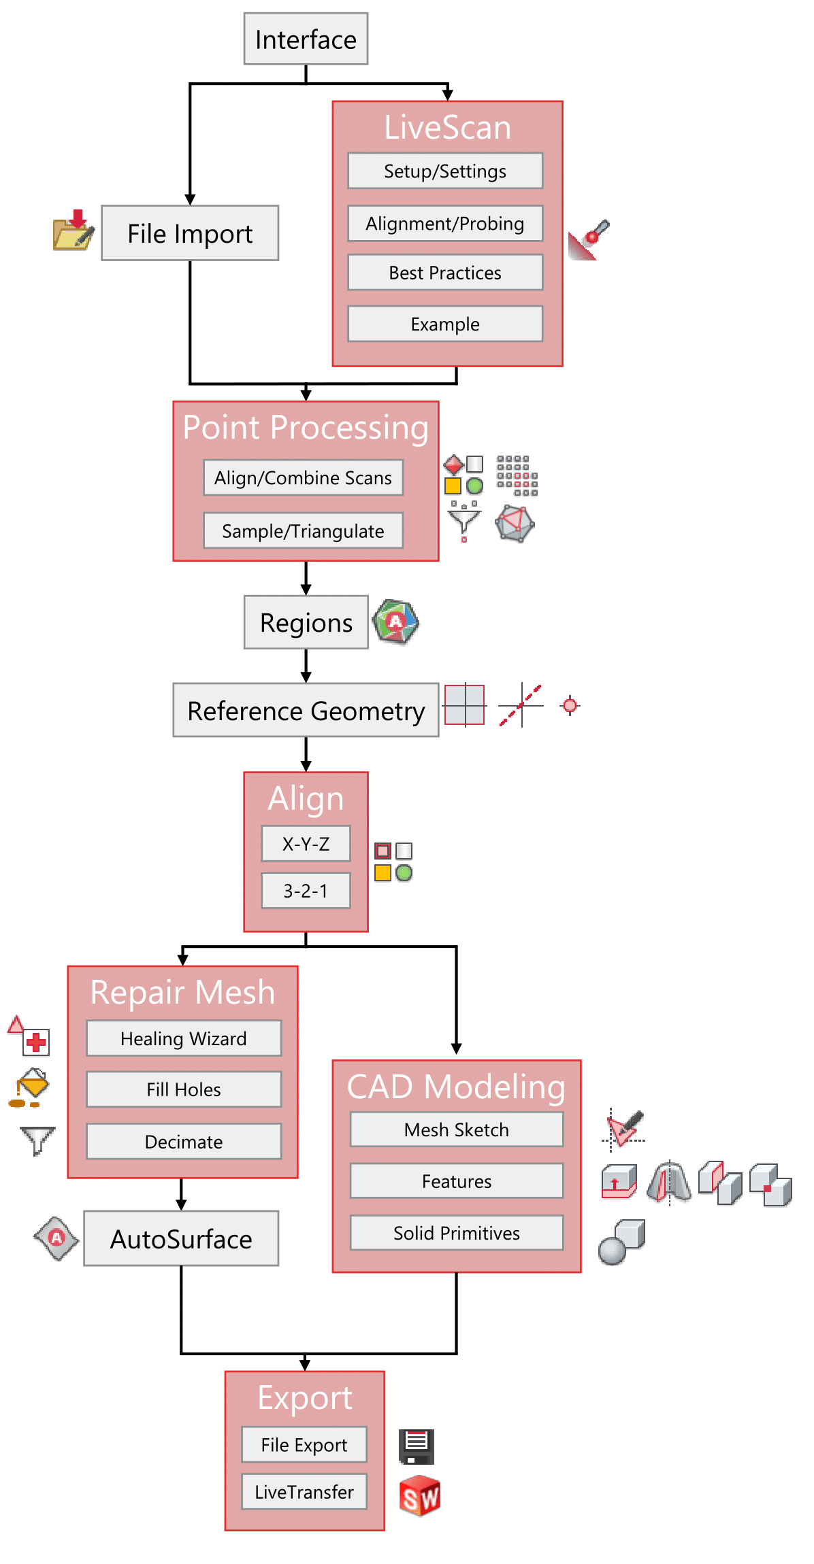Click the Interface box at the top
click(306, 39)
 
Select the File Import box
click(190, 233)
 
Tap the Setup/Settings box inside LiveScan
click(445, 171)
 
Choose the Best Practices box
click(445, 272)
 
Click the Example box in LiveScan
click(445, 324)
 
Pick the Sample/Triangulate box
click(303, 530)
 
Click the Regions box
click(306, 622)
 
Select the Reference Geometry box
click(306, 710)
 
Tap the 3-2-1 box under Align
click(306, 890)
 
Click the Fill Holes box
click(184, 1089)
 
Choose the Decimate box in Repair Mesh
click(184, 1141)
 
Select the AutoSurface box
click(181, 1238)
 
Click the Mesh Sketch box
click(457, 1129)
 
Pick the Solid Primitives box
click(457, 1233)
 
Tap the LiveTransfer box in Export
click(304, 1492)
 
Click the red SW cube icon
click(420, 1496)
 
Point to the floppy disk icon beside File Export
click(417, 1446)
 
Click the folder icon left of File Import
click(74, 231)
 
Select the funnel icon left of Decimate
click(37, 1140)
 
